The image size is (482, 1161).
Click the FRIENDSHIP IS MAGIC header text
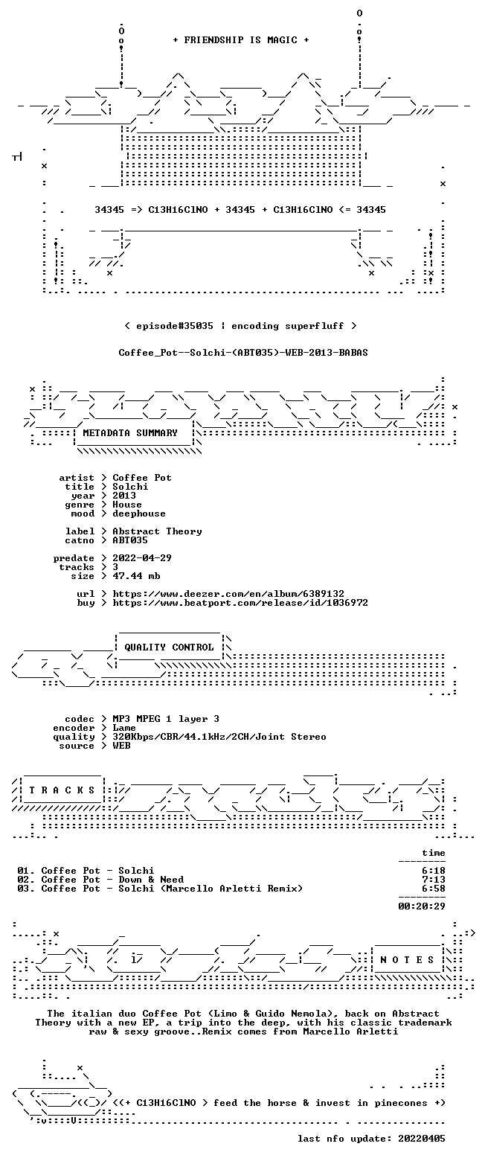(241, 40)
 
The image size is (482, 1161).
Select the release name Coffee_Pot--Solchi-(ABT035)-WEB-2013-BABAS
(243, 353)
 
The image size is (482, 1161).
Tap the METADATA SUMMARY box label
(130, 433)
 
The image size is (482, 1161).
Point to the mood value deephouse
(139, 514)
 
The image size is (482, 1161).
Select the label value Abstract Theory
(157, 531)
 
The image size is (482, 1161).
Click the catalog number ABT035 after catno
(130, 540)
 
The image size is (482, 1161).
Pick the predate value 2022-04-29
(142, 557)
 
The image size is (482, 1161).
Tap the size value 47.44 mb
(136, 576)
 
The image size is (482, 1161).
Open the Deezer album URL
(228, 593)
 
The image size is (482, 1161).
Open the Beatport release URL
(240, 603)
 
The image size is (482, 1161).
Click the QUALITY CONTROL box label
(169, 647)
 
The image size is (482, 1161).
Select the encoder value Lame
(124, 728)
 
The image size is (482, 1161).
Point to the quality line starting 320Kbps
(219, 737)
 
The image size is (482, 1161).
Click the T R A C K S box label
(62, 790)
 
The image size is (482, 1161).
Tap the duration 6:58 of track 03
(434, 889)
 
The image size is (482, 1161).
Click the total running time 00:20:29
(421, 906)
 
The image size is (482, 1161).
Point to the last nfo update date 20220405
(421, 1138)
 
